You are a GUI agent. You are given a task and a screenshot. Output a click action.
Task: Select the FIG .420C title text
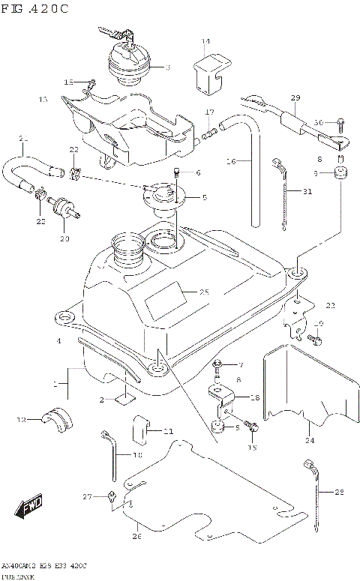pos(35,8)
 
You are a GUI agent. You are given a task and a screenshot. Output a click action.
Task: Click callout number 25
pos(204,292)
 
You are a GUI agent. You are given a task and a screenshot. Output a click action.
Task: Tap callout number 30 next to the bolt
pos(318,122)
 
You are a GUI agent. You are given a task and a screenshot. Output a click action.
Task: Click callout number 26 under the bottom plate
pos(136,535)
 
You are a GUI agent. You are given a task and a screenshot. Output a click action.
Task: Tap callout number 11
pos(168,431)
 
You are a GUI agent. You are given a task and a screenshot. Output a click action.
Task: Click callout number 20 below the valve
pos(64,238)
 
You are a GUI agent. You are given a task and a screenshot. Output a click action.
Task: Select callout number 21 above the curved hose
pos(23,138)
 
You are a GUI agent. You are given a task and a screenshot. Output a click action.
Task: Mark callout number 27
pos(87,496)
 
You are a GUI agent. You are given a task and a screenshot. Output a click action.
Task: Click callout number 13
pos(43,99)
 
